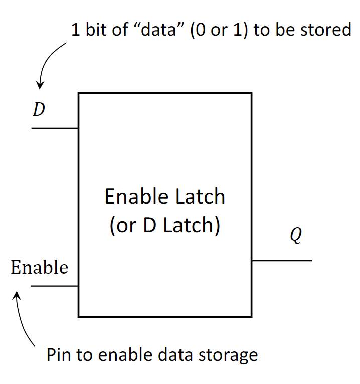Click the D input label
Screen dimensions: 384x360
(x=39, y=110)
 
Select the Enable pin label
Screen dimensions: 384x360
(x=39, y=267)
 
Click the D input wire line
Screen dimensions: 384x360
(x=55, y=128)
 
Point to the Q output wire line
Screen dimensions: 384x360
(x=281, y=261)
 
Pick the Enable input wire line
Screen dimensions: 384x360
(x=55, y=286)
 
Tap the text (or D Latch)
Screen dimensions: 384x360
(x=165, y=225)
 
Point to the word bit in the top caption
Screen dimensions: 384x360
(x=93, y=30)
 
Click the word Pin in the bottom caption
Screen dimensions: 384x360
(x=59, y=355)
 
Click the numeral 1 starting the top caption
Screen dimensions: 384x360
(x=75, y=30)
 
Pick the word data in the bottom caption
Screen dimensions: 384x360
(x=179, y=355)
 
